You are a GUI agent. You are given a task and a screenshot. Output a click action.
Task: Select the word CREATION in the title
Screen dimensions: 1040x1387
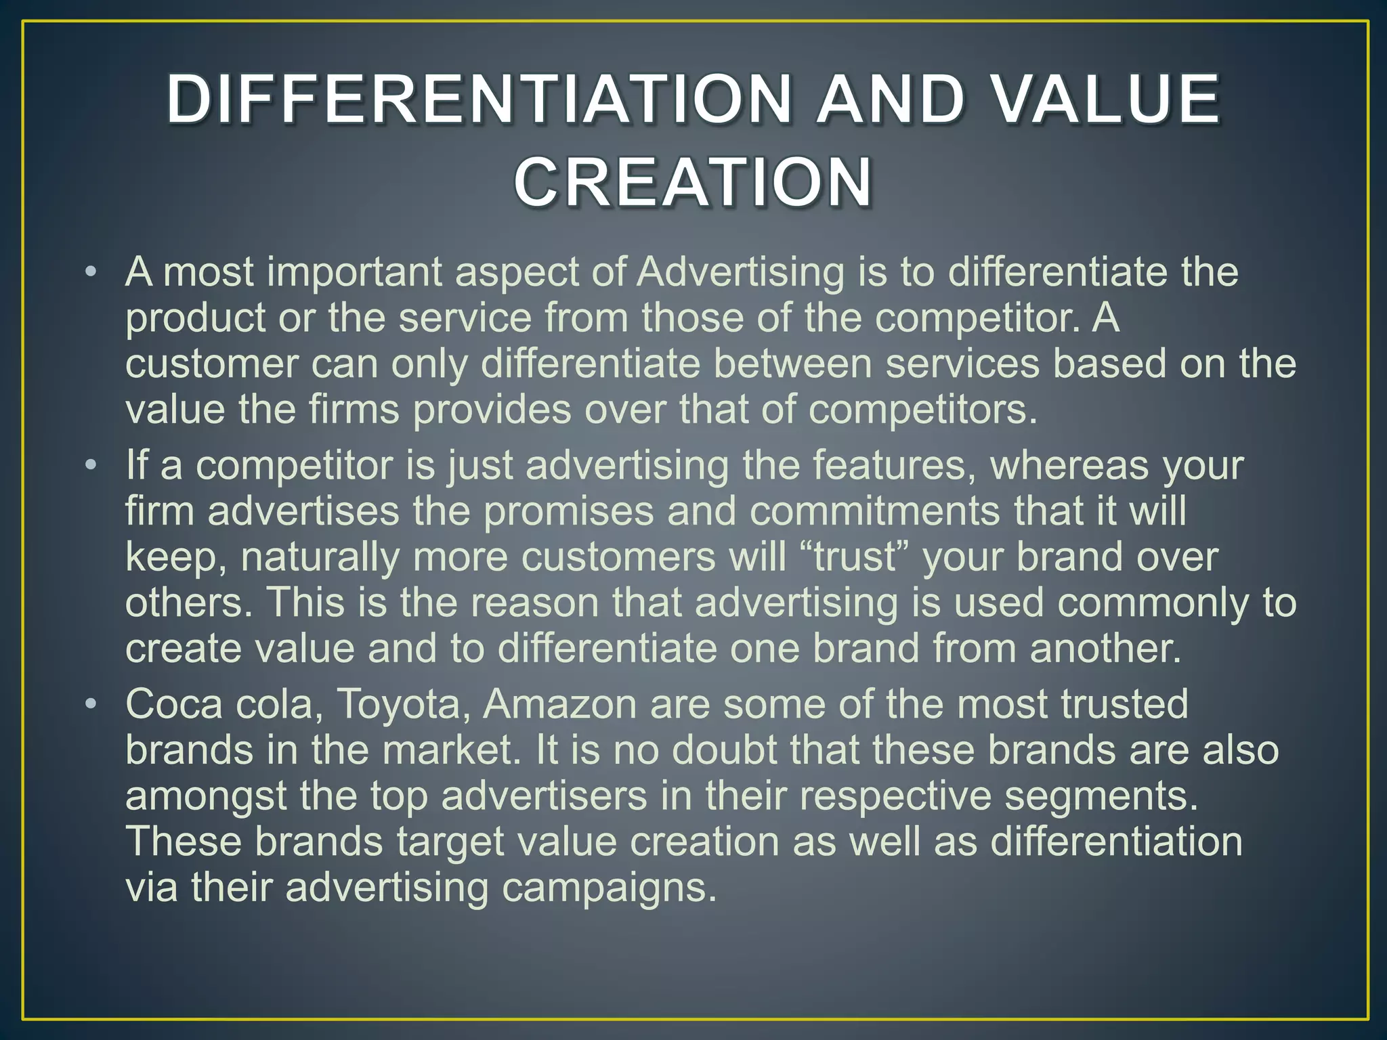click(x=693, y=183)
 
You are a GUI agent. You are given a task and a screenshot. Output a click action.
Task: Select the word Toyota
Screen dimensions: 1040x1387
click(x=398, y=704)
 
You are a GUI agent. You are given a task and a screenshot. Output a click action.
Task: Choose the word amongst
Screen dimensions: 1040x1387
click(x=206, y=796)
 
